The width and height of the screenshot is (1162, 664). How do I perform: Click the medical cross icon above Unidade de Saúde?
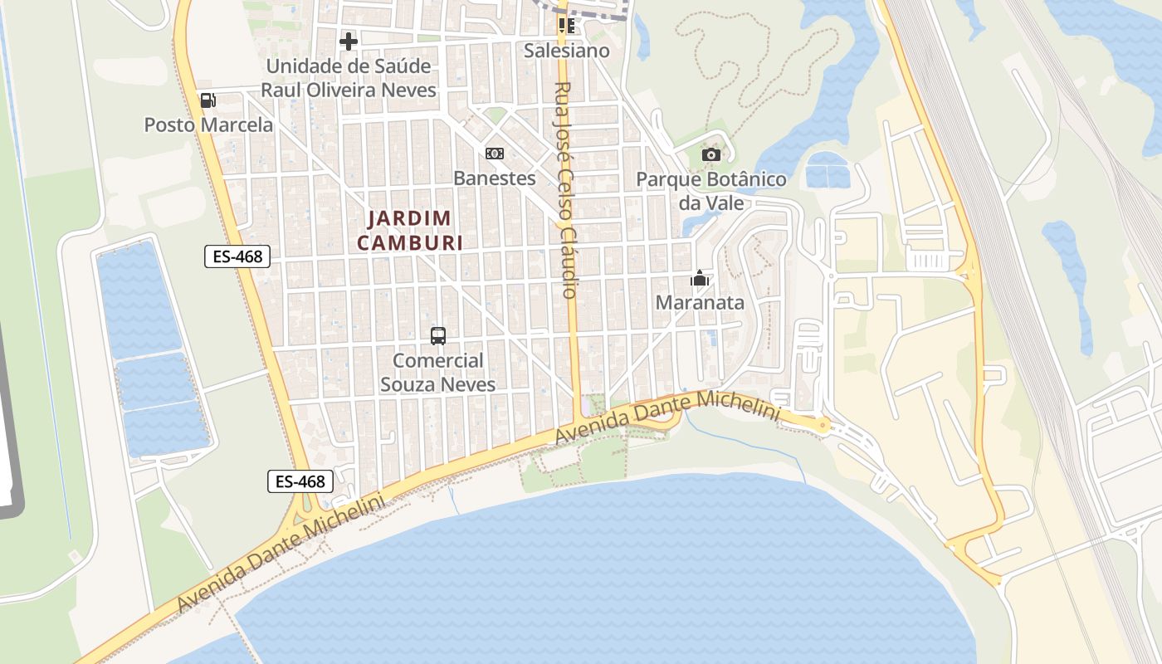coord(349,41)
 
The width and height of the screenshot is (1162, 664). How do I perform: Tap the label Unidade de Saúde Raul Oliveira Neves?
coord(349,78)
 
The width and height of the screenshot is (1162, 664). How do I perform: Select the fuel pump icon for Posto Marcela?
coord(208,100)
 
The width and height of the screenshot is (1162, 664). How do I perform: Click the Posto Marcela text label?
coord(208,125)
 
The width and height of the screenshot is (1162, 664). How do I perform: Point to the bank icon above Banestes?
coord(495,154)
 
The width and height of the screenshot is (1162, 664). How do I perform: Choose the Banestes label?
coord(495,178)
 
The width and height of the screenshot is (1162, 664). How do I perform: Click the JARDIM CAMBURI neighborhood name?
coord(410,230)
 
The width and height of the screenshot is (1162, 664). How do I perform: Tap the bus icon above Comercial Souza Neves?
coord(438,336)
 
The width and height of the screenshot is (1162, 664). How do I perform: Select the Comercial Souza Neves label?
coord(438,373)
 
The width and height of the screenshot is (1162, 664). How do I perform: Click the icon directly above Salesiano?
coord(567,25)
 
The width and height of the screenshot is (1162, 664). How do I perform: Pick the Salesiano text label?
coord(567,51)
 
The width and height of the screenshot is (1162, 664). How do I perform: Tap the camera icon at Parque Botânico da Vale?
coord(711,154)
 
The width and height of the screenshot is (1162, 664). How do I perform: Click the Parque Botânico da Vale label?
coord(711,191)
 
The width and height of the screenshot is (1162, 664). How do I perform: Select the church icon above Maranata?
coord(700,278)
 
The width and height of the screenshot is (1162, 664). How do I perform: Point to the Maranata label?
coord(700,303)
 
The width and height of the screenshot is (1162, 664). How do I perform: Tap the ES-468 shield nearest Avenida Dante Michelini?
coord(300,481)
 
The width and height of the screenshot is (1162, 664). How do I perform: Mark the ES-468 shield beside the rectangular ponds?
coord(237,256)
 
